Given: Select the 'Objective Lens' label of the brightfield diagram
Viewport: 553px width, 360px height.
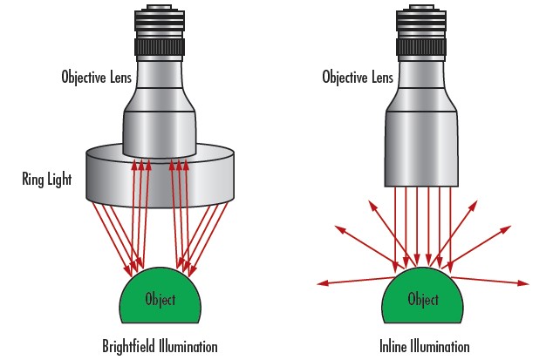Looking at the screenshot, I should (x=96, y=76).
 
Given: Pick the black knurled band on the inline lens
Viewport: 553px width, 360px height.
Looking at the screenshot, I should (x=423, y=44).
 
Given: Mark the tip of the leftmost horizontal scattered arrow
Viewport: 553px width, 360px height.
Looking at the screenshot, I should (x=317, y=282).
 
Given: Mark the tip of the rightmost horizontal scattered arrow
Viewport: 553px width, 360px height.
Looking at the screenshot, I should (x=529, y=282).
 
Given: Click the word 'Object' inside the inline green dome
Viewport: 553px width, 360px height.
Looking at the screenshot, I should (x=423, y=299).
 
